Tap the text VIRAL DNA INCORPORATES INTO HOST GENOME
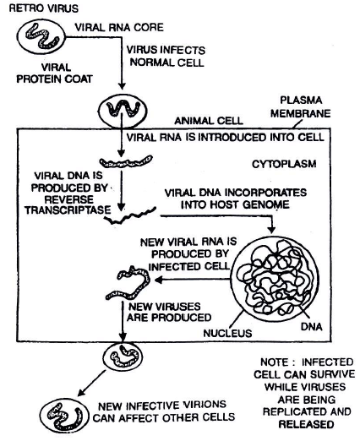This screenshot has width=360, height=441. (221, 199)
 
